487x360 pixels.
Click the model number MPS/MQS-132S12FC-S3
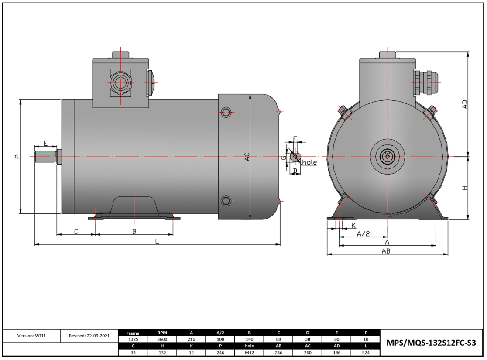tap(432, 343)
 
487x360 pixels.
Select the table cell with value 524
tap(366, 352)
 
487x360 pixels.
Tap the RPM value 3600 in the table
tap(162, 339)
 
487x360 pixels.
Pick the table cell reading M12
tap(249, 352)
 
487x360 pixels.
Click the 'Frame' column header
tap(133, 333)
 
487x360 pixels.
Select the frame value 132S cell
tap(133, 339)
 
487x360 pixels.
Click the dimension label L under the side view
tap(157, 241)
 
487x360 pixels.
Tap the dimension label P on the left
tap(17, 156)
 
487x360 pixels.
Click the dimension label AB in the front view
tap(386, 251)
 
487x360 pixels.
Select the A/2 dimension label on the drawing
tap(363, 234)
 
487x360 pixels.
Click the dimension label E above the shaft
tap(45, 144)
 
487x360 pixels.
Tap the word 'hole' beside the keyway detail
tap(309, 162)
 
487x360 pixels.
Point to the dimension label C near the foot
tap(76, 231)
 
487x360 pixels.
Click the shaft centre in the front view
tap(387, 156)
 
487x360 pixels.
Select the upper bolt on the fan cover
tap(226, 112)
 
